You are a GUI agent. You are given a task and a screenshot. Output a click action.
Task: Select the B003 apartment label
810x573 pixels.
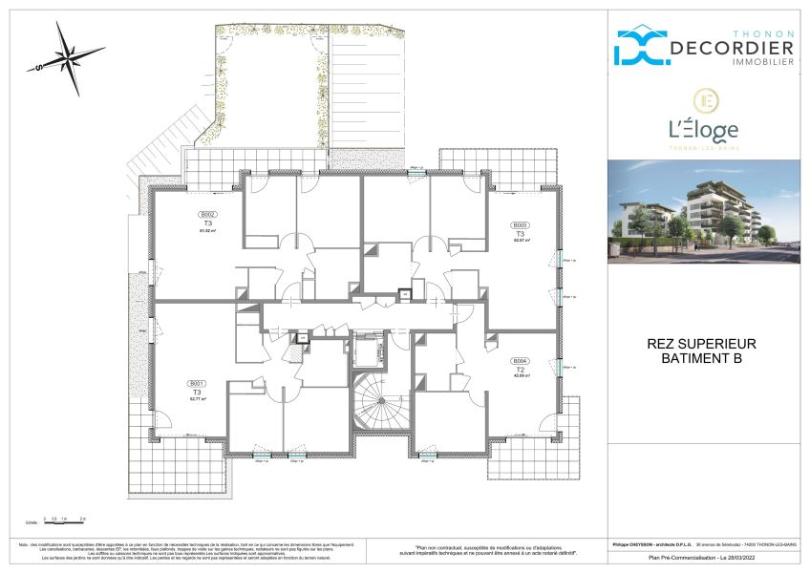521,226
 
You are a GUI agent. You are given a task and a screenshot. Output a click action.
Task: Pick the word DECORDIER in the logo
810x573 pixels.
731,49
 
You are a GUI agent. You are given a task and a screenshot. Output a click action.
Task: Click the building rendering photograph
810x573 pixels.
704,210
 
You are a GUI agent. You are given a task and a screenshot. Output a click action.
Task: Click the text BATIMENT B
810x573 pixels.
702,359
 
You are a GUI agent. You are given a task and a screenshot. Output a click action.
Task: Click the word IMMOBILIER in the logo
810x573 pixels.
759,62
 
